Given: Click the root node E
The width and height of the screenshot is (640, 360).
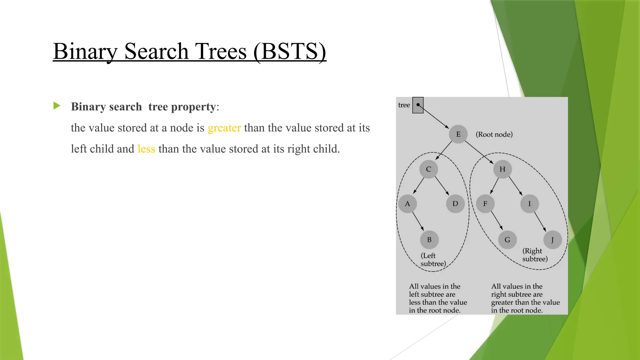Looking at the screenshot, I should (x=458, y=134).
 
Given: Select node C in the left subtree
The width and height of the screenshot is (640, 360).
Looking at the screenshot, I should (x=428, y=169).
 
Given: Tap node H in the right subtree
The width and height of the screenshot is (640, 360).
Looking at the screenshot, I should (x=502, y=169).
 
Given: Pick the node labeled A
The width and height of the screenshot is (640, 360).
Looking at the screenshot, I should (x=407, y=204).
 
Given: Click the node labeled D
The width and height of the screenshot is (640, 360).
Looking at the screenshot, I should (x=455, y=204).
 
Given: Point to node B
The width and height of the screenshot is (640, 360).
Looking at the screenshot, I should (x=429, y=240).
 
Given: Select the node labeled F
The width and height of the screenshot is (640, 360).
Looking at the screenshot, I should (x=485, y=204).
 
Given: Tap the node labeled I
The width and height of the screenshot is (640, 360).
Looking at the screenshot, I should (x=529, y=204).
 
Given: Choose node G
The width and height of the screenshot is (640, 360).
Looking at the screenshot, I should (x=507, y=240).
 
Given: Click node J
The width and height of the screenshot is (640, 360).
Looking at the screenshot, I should (x=552, y=240).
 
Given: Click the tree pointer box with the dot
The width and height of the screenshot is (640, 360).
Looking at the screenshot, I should (x=418, y=105).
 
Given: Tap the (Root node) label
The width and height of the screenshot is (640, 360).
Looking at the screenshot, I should (x=494, y=134).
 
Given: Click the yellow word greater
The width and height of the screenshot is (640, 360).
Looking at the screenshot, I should (x=224, y=128).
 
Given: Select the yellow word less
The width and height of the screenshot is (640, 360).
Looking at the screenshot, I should (x=146, y=149).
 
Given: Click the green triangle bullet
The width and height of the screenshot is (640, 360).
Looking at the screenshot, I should (x=57, y=106).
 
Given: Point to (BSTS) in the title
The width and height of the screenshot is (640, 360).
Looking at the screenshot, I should (x=289, y=52).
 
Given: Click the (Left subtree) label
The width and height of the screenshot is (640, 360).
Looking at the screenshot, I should (x=433, y=260).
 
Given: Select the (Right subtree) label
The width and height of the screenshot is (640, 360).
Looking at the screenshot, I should (x=535, y=255).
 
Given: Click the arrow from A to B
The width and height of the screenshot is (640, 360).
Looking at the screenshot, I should (x=418, y=222).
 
